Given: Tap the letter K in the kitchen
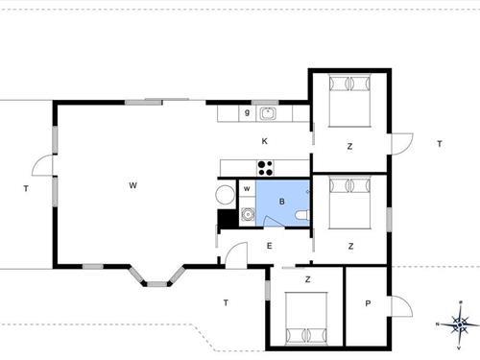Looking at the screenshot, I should point(264,141).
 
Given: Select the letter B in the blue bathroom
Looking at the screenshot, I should point(282,202).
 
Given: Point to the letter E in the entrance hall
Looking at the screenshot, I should point(269,246).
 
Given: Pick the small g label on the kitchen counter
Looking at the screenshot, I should point(247,113).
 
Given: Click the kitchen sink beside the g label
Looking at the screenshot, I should point(268,113).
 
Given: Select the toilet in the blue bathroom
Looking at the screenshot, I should point(302,215).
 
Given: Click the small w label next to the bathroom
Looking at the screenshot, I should point(247,188).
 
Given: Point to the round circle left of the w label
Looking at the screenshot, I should point(225,195).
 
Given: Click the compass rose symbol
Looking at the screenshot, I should point(460,324).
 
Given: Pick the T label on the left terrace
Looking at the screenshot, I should point(26,189).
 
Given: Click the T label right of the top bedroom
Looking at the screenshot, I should point(439,144).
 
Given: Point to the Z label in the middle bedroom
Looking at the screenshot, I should point(350,246).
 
